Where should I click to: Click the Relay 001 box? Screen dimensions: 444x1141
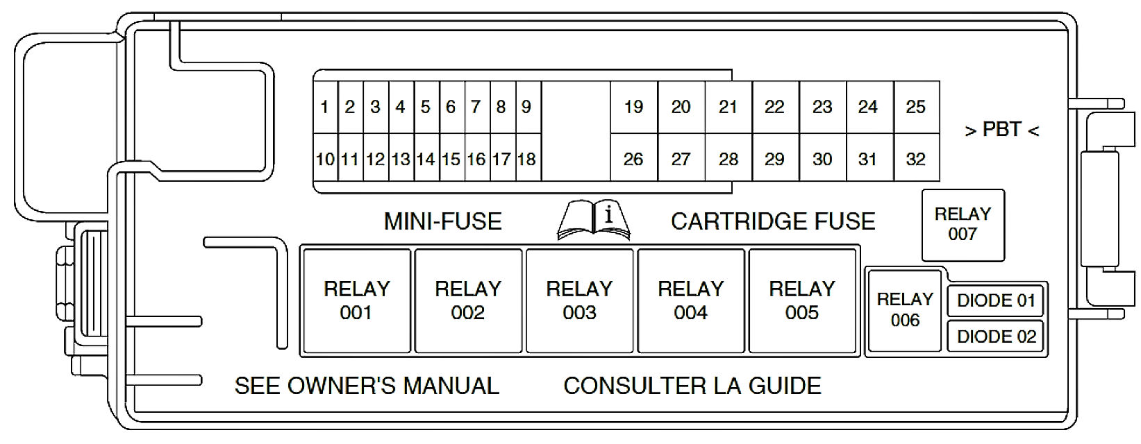357,300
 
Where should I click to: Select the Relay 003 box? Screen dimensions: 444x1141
579,300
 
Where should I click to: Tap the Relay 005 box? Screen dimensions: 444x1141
802,300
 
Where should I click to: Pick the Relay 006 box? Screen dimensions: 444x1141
905,309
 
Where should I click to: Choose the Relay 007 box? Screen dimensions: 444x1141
963,224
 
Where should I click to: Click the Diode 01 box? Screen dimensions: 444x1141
996,300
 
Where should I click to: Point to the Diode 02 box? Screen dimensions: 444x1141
996,336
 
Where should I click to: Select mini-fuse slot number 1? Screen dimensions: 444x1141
325,107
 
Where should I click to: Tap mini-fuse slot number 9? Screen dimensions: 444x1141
527,107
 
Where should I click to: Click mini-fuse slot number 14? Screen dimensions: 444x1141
426,159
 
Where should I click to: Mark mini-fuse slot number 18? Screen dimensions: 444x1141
527,159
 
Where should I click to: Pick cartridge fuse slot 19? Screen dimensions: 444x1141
633,107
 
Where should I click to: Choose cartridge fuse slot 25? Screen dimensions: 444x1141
916,107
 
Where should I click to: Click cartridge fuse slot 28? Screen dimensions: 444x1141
728,159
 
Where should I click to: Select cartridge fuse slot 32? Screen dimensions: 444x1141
916,159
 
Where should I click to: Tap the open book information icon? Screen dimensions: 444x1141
594,220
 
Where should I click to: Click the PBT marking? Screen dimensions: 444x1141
1001,130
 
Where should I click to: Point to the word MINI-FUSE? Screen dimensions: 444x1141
443,221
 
